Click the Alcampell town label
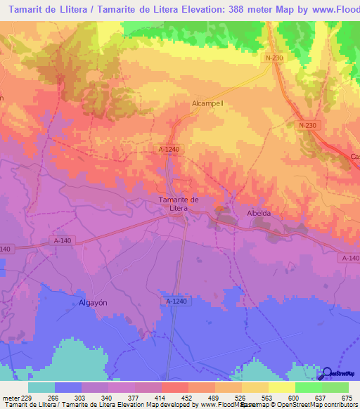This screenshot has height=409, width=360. pyautogui.click(x=207, y=102)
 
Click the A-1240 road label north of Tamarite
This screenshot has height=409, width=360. pyautogui.click(x=168, y=150)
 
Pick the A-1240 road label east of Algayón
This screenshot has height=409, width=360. pyautogui.click(x=177, y=301)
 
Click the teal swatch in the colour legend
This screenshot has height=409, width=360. pyautogui.click(x=41, y=387)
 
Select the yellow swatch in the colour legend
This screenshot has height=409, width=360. pyautogui.click(x=281, y=387)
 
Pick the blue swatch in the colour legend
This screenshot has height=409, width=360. pyautogui.click(x=68, y=387)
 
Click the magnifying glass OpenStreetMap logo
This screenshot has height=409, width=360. pyautogui.click(x=326, y=374)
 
